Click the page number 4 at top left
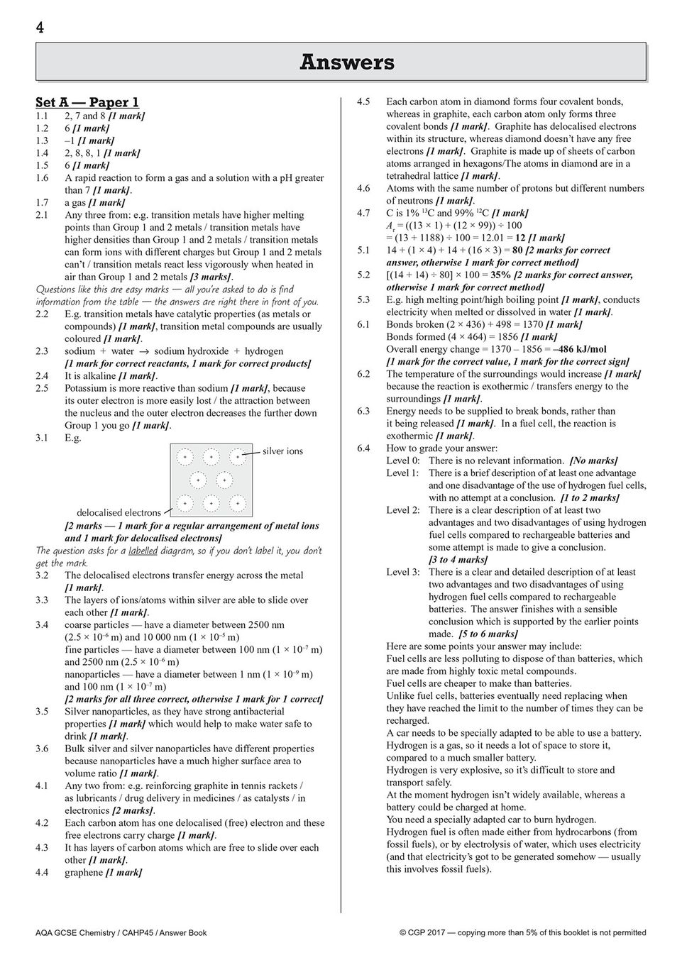pos(40,28)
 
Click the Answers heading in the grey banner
pos(346,62)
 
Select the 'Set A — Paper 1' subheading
pos(87,102)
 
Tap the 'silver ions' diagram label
pos(282,451)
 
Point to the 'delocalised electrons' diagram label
pos(119,512)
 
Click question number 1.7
pos(42,202)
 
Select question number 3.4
pos(42,625)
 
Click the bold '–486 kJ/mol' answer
pos(581,349)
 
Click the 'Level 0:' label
pos(402,461)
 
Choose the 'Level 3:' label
pos(402,572)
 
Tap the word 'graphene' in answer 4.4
pos(84,873)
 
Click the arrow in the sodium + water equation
pos(144,351)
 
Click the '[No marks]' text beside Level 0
pos(594,461)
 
